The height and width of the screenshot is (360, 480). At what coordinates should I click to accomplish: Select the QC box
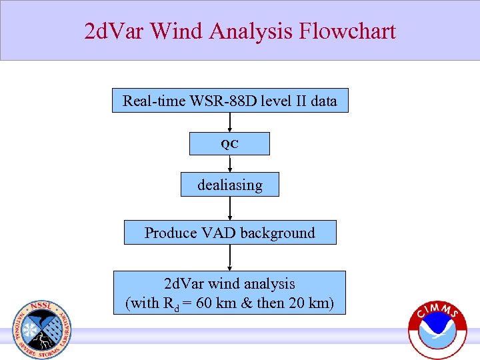click(x=229, y=144)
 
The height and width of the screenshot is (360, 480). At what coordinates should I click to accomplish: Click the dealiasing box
click(x=229, y=185)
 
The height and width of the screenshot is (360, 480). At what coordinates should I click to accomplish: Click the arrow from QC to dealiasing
click(x=230, y=164)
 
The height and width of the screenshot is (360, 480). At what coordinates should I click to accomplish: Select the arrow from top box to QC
click(x=230, y=122)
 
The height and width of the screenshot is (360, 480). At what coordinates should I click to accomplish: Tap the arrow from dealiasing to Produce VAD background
click(x=230, y=209)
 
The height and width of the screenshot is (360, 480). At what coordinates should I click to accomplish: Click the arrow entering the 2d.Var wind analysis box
click(x=230, y=257)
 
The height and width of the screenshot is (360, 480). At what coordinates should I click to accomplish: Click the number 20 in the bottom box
click(x=291, y=303)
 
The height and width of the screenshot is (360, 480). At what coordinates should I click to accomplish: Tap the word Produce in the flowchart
click(x=170, y=233)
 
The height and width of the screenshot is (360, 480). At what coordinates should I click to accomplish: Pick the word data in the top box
click(x=321, y=101)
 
